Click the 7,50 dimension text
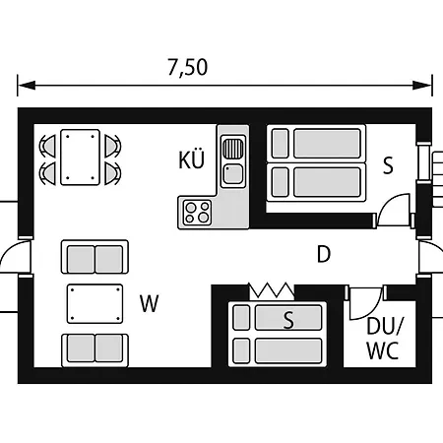[188, 67]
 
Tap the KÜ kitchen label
[192, 159]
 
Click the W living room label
[150, 303]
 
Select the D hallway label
[324, 254]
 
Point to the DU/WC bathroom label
[384, 339]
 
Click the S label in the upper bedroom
[388, 165]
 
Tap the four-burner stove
[197, 213]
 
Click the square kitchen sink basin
[233, 174]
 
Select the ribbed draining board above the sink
[233, 149]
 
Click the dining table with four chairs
[80, 158]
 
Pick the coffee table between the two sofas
[95, 304]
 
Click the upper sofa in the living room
[95, 257]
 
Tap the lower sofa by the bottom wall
[95, 350]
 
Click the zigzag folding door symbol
[272, 290]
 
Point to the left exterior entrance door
[15, 257]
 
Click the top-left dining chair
[48, 146]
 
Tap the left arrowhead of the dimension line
[27, 86]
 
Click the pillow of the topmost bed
[281, 144]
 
